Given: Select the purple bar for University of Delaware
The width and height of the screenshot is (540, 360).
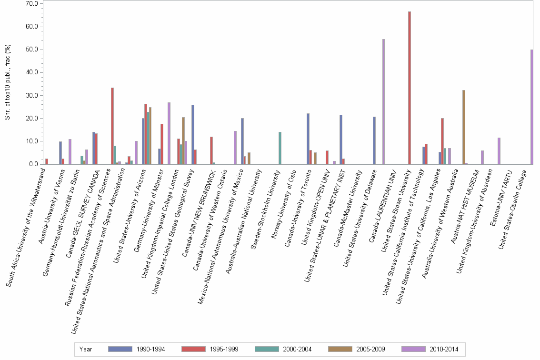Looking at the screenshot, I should coord(383,102).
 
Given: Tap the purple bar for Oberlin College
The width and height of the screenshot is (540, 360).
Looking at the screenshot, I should coord(531,107).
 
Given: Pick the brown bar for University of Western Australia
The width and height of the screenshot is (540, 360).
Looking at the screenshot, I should coord(463,127).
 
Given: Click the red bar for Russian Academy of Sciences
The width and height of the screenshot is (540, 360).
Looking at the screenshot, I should coord(112,126).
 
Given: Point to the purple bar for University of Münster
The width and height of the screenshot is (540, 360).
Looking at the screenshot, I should coord(169,133).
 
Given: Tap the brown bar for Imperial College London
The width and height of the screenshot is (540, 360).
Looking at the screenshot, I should coord(183,141).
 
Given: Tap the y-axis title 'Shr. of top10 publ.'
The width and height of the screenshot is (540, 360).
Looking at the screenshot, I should coord(7,82).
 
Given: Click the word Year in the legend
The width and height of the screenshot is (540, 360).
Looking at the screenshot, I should coord(86,349).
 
